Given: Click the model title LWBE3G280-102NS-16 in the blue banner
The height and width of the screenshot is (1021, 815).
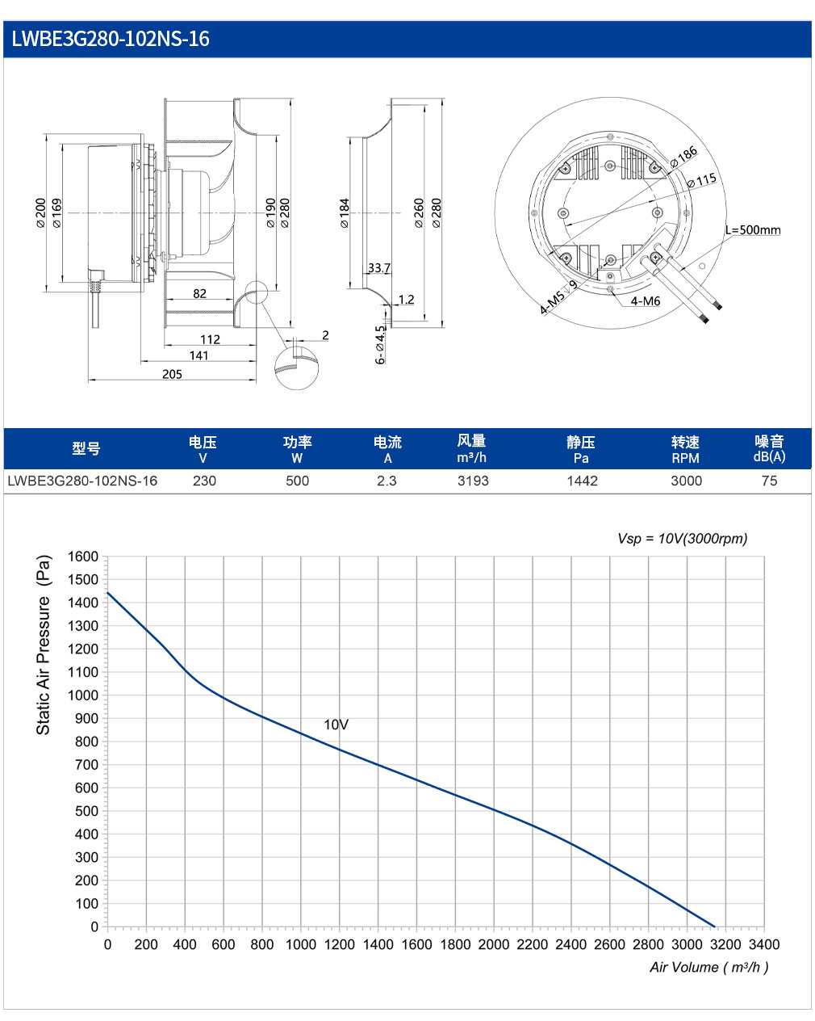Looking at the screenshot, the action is (110, 39).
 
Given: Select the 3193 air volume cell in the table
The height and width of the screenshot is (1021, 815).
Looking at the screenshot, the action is (473, 481).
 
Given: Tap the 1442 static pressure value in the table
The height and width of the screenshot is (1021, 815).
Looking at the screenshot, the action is (583, 481).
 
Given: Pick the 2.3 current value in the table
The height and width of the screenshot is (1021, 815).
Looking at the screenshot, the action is (387, 481).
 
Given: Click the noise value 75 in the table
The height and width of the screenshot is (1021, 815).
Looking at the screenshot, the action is (769, 481).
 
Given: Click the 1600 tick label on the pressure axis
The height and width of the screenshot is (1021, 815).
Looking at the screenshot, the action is (83, 557).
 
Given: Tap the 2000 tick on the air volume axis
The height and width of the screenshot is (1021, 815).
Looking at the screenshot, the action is (494, 944).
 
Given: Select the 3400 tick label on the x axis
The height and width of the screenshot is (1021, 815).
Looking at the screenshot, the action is (764, 944).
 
